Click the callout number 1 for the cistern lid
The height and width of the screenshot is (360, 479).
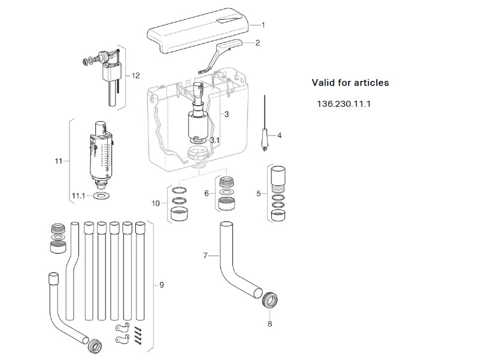(262, 25)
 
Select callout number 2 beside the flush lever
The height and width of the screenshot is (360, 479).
(257, 43)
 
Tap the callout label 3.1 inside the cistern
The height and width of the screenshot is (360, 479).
(215, 140)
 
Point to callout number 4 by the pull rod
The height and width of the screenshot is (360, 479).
(279, 135)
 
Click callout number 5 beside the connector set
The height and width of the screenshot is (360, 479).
(259, 193)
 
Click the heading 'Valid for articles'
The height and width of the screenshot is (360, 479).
(350, 83)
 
